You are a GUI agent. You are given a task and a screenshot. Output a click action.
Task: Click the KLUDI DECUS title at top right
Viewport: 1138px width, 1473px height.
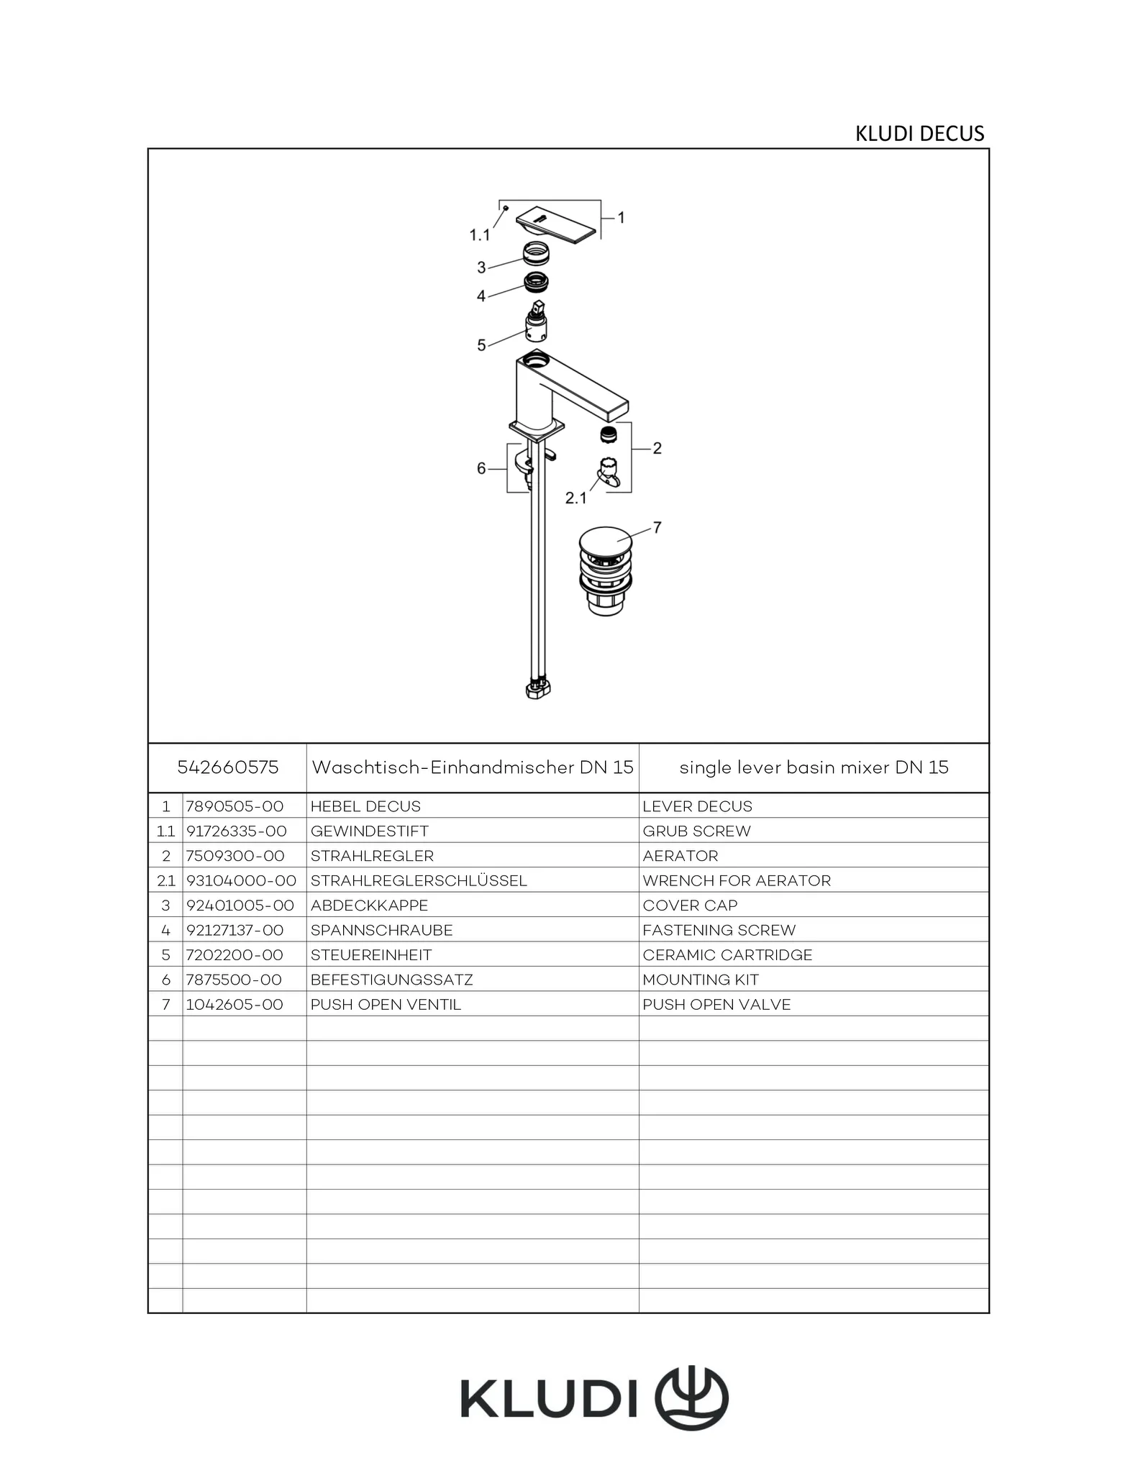click(919, 134)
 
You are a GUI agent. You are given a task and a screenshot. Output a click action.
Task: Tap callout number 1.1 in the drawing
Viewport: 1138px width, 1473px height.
click(480, 235)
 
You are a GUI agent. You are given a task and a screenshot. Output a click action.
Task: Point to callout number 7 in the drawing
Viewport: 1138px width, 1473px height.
click(657, 528)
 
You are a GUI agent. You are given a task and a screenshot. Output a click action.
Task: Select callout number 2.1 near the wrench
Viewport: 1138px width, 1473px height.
click(575, 498)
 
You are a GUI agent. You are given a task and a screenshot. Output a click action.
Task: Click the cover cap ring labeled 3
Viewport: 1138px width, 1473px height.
click(536, 254)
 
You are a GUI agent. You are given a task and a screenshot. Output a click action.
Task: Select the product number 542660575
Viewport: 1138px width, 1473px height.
click(227, 767)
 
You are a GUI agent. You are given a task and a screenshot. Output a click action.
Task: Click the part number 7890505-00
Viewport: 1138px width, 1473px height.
click(235, 806)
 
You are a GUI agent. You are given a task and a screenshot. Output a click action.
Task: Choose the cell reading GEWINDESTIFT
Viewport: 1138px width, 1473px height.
click(369, 831)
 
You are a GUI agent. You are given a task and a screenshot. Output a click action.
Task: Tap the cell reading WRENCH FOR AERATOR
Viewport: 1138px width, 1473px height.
click(737, 881)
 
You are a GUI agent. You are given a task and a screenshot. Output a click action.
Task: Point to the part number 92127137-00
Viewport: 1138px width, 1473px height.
click(235, 931)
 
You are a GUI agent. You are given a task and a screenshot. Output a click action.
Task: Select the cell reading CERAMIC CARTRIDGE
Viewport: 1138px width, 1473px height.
click(727, 955)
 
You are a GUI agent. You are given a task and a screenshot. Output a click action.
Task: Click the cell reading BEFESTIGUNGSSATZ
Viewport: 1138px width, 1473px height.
click(391, 980)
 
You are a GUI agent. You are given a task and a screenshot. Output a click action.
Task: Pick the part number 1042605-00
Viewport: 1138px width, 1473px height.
click(235, 1005)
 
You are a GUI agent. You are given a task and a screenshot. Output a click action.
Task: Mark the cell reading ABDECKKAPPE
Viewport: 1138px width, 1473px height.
click(369, 906)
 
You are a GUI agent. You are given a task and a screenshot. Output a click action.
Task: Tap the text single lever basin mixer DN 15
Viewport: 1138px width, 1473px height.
click(814, 767)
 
